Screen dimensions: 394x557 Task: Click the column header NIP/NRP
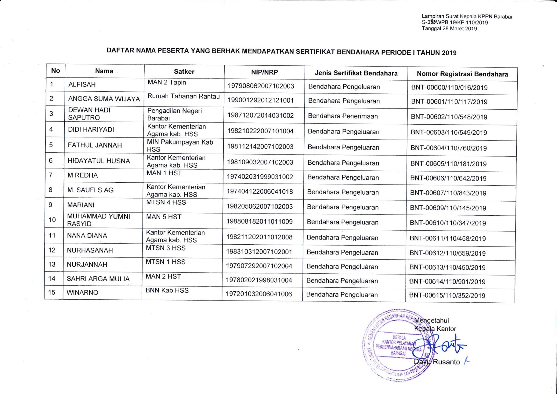(x=265, y=72)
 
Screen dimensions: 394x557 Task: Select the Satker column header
(x=184, y=72)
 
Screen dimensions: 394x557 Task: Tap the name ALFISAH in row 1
(x=82, y=85)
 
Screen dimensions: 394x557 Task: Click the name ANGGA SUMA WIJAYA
(x=104, y=99)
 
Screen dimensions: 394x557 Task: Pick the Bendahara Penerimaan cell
(x=343, y=116)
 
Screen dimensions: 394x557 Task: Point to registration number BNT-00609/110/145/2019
(x=448, y=208)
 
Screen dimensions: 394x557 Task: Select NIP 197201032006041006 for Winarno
(x=259, y=294)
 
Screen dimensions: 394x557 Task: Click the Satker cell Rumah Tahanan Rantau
(x=183, y=97)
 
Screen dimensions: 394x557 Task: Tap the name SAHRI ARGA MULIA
(x=98, y=279)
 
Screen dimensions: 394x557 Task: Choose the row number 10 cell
(x=52, y=220)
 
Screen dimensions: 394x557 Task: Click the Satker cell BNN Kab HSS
(x=167, y=290)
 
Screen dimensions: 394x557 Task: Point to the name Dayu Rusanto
(x=437, y=362)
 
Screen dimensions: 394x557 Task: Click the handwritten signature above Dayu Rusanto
(x=443, y=345)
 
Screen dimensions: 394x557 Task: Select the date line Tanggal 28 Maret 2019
(x=449, y=29)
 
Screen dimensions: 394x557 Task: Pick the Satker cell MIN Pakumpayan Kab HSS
(x=180, y=146)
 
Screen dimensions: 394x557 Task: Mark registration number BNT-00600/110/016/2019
(x=449, y=88)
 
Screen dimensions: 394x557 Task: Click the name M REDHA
(x=82, y=175)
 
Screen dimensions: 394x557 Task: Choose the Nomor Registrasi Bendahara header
(x=462, y=74)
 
